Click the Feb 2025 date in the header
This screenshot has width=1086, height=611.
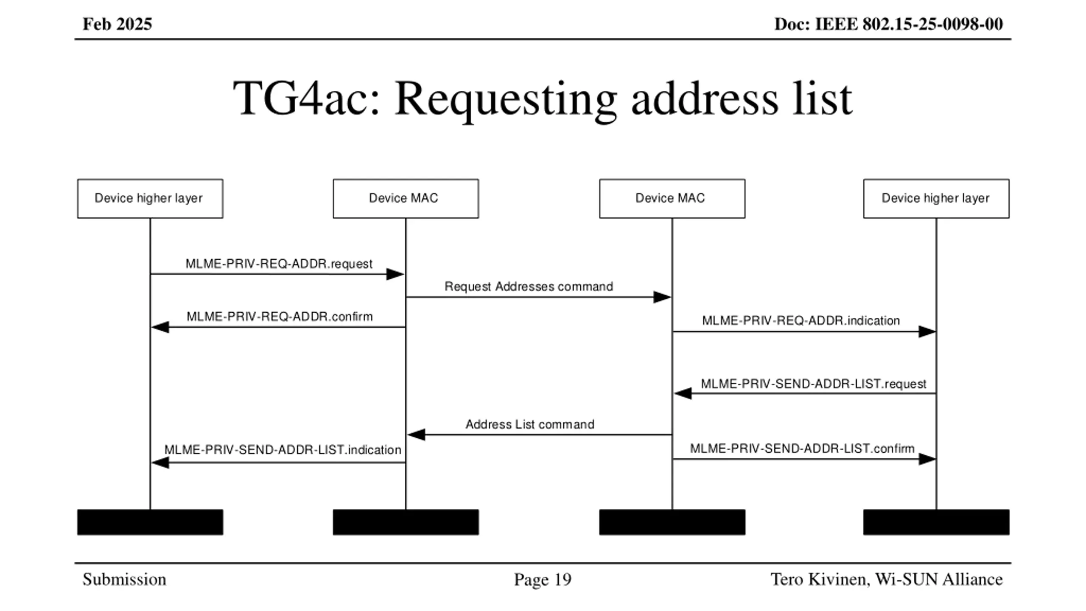point(117,24)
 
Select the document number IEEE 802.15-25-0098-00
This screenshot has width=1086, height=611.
point(909,24)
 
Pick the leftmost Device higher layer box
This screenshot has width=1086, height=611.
point(150,199)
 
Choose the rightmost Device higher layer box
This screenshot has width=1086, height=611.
point(936,199)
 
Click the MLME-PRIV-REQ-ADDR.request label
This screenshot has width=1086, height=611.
point(279,264)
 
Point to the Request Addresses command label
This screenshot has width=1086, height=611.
point(529,287)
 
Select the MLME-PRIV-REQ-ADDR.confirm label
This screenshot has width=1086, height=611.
point(280,317)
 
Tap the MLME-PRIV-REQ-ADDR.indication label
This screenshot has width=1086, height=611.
point(801,321)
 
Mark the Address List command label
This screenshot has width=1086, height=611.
point(530,424)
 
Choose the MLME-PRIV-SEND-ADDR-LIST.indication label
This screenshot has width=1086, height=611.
point(283,450)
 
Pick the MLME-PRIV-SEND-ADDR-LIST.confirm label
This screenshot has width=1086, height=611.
point(802,448)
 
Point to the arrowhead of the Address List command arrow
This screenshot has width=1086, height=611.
point(416,434)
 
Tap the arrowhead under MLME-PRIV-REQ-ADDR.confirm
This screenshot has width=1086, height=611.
point(160,327)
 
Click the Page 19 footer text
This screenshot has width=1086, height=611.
point(543,580)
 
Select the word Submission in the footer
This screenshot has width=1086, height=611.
point(124,580)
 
